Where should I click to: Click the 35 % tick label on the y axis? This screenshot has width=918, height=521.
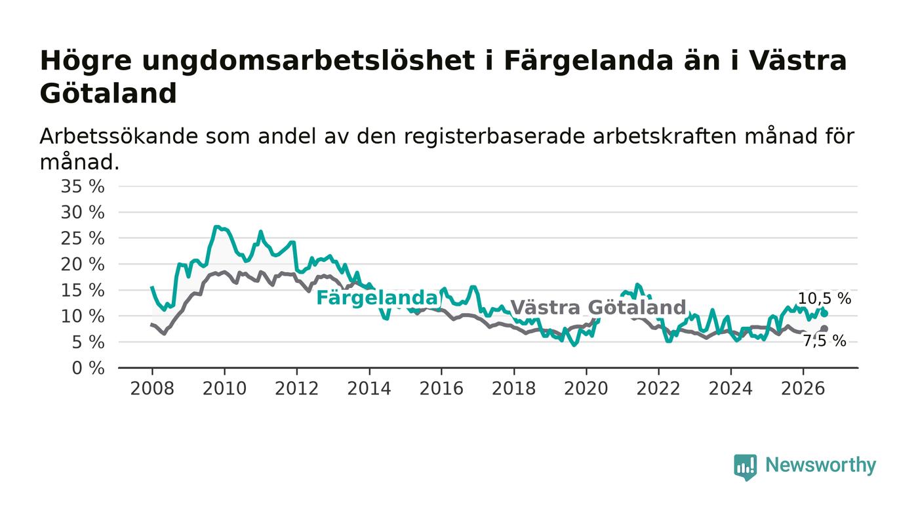tap(83, 186)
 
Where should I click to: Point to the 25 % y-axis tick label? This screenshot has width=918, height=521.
tap(83, 238)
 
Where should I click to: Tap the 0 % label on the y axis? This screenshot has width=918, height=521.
tap(88, 368)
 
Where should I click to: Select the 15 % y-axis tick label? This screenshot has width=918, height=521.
tap(83, 291)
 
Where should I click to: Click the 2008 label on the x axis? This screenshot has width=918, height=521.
tap(152, 388)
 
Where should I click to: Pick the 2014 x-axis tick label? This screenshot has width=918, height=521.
tap(369, 388)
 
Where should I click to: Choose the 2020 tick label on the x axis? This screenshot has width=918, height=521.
tap(586, 388)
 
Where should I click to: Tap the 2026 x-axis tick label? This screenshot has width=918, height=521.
tap(803, 388)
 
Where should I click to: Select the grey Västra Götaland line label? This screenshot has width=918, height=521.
tap(598, 307)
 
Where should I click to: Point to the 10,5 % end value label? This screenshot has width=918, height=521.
tap(825, 299)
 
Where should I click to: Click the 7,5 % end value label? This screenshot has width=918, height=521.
tap(825, 341)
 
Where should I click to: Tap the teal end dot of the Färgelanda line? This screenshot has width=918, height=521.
tap(825, 314)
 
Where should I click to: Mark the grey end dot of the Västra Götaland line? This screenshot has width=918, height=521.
tap(825, 329)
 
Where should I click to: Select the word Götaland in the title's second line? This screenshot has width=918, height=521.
tap(108, 94)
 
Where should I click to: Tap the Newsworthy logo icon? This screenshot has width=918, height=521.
tap(745, 467)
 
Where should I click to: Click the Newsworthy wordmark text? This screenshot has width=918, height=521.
tap(820, 465)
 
